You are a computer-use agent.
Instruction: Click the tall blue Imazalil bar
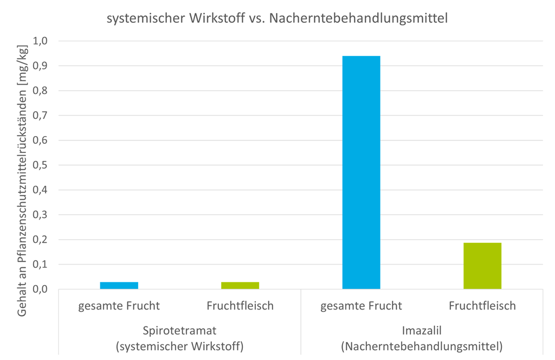(x=361, y=172)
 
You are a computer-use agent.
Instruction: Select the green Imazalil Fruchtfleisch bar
(x=482, y=266)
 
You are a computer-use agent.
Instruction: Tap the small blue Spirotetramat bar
(x=119, y=285)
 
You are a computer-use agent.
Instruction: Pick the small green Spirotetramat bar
(x=240, y=285)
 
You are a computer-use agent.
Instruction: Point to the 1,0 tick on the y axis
(x=41, y=41)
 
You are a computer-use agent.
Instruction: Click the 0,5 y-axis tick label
(x=41, y=165)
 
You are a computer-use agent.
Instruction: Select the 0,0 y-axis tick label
(x=41, y=290)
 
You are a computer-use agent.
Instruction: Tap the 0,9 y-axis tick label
(x=41, y=66)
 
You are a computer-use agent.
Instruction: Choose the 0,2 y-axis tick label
(x=41, y=240)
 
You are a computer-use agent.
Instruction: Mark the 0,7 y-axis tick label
(x=41, y=115)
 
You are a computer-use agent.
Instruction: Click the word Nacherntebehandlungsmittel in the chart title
(x=358, y=18)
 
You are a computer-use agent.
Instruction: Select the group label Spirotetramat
(x=179, y=330)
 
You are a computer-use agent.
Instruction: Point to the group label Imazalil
(x=422, y=330)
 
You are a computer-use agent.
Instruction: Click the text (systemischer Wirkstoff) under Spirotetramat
(x=179, y=345)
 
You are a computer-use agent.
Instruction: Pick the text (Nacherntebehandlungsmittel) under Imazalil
(x=422, y=345)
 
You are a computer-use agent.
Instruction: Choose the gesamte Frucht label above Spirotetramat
(x=119, y=306)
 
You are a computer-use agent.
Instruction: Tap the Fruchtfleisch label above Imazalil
(x=482, y=306)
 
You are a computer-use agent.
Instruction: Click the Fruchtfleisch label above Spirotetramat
(x=240, y=306)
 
